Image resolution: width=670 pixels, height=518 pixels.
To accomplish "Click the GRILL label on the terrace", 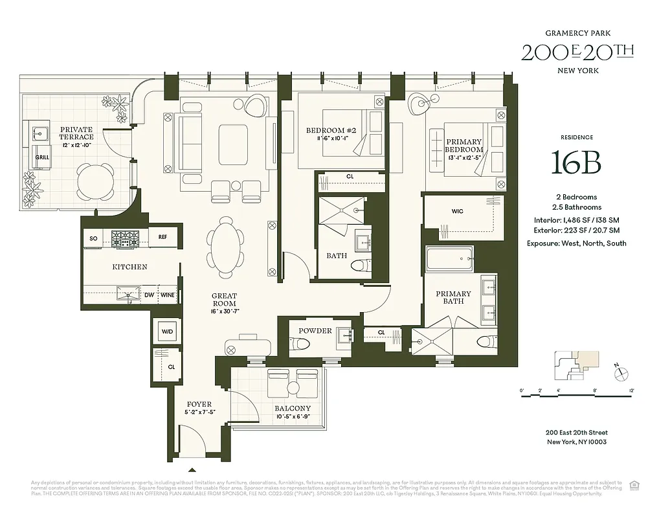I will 42,157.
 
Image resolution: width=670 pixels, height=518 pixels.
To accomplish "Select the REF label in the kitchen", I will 163,238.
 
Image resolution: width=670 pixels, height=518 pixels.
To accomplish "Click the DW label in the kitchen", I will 148,295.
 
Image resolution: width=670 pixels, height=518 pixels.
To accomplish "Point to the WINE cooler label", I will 168,295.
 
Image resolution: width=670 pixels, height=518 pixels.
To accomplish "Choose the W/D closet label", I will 167,332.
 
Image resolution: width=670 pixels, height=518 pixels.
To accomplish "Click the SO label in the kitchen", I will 93,238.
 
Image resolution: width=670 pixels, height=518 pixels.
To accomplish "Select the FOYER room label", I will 199,405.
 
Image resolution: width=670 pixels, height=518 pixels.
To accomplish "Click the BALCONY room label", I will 293,409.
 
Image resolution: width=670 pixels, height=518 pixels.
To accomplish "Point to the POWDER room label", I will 315,331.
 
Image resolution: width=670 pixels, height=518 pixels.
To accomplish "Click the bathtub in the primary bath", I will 449,260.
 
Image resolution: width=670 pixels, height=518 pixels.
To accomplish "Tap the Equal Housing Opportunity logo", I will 634,484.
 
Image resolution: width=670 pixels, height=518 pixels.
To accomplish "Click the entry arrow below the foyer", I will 192,470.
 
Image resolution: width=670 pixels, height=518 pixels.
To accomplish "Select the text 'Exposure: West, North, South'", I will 576,243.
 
